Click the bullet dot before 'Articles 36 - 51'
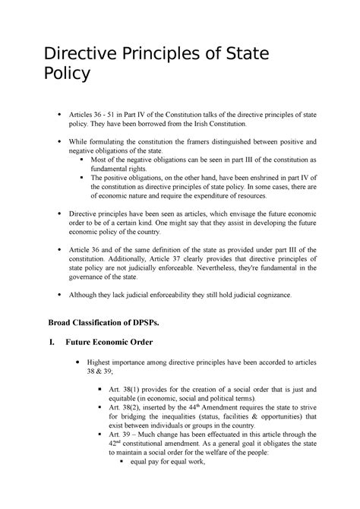pyautogui.click(x=59, y=113)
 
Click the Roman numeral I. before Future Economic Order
pyautogui.click(x=51, y=342)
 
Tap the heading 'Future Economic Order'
pyautogui.click(x=110, y=342)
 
